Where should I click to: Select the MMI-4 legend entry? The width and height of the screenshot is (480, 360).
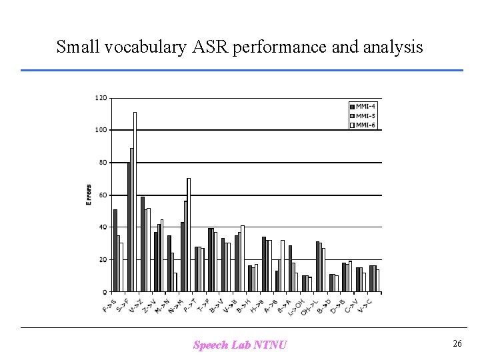[364, 106]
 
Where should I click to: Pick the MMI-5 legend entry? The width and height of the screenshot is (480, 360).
[364, 115]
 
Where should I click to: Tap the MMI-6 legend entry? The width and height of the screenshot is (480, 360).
[364, 125]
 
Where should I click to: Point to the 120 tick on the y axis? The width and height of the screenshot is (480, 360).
[100, 98]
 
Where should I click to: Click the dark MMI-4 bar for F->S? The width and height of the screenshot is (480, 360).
[115, 251]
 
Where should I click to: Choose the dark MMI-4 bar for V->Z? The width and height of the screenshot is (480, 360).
[142, 244]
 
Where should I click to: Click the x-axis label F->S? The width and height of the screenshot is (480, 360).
[109, 306]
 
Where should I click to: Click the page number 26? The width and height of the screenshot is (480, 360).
[457, 344]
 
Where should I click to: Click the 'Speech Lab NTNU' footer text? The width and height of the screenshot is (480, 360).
[240, 345]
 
